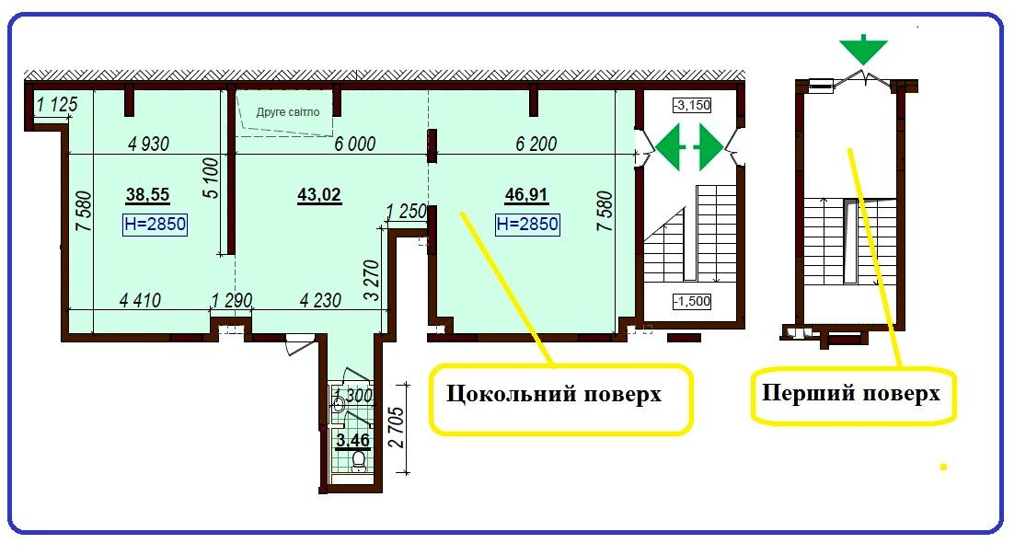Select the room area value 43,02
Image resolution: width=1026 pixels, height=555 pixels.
click(x=319, y=195)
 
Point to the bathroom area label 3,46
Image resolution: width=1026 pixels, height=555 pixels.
click(x=353, y=440)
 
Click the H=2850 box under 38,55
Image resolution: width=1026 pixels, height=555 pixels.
click(x=155, y=225)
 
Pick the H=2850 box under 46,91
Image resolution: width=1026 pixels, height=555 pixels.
click(x=527, y=224)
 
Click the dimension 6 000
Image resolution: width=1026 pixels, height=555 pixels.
click(x=354, y=144)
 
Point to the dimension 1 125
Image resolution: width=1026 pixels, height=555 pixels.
click(x=57, y=106)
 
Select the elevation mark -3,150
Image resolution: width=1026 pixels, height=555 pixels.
click(x=692, y=105)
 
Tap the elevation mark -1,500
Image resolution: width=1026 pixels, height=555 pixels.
click(x=690, y=301)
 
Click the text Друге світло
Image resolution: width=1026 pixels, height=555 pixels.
click(x=288, y=112)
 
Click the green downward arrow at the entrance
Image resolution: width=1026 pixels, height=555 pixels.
click(x=863, y=51)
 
